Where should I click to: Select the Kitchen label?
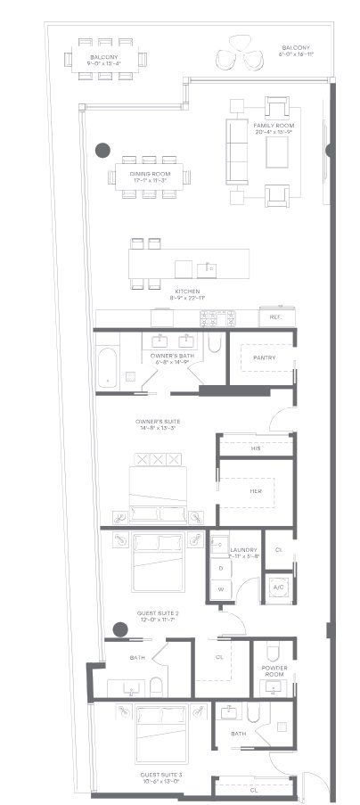187,292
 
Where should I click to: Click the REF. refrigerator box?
271,317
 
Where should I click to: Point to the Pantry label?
264,358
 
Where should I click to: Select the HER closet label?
254,490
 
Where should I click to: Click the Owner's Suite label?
157,423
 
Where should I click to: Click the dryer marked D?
219,568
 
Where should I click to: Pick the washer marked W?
219,589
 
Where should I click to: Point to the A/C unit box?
278,587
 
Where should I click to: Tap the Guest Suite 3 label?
162,777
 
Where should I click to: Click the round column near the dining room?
103,149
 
